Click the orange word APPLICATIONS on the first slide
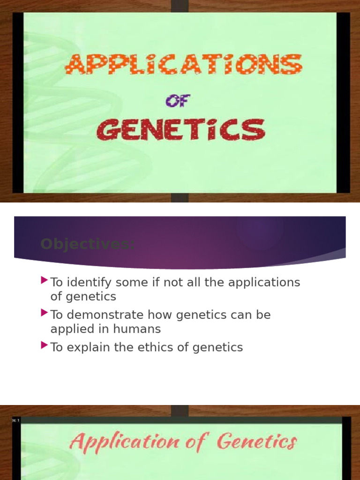tap(183, 65)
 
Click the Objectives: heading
tap(87, 244)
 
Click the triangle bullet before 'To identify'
tap(45, 281)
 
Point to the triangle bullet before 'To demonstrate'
tap(45, 313)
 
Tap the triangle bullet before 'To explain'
tap(45, 345)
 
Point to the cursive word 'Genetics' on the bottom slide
tap(257, 442)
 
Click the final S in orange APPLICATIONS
tap(294, 65)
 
